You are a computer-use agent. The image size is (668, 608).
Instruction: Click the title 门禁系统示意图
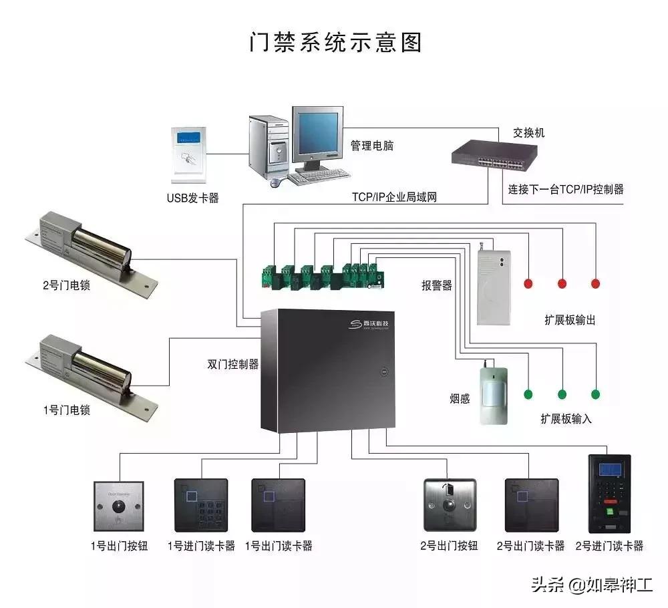point(336,43)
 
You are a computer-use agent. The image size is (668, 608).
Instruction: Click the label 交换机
point(529,132)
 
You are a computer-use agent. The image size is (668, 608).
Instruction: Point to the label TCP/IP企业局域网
point(394,197)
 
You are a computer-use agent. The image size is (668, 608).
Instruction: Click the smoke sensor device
point(494,394)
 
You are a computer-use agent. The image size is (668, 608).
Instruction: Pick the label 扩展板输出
point(570,320)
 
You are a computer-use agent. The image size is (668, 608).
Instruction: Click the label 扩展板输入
point(566,419)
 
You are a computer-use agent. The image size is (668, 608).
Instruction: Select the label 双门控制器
point(233,365)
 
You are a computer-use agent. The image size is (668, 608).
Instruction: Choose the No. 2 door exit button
point(450,505)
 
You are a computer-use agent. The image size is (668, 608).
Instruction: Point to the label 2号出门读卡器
point(530,546)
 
